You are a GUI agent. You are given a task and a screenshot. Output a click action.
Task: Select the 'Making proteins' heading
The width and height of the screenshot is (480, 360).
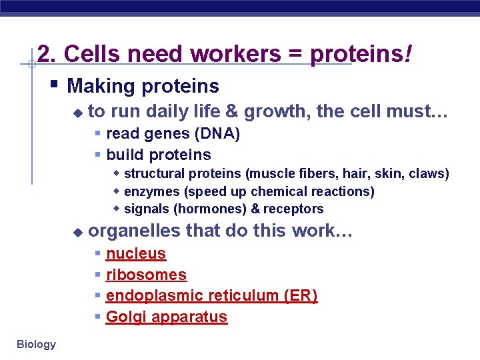[143, 86]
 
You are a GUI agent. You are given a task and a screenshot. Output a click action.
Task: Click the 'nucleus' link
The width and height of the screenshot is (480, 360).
[136, 253]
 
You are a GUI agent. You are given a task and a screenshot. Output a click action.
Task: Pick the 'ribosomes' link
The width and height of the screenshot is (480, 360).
[146, 275]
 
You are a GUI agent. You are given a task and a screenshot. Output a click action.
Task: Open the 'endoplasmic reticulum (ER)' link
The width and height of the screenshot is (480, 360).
[211, 295]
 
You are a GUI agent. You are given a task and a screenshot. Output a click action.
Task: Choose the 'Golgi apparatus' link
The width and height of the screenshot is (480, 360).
[167, 317]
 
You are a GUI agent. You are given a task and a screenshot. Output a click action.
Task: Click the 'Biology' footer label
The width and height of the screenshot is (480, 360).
[37, 344]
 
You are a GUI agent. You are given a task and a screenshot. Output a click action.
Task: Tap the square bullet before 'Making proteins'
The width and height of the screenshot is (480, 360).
[54, 85]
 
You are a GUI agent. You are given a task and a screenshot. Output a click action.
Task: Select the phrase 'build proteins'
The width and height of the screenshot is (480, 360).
[159, 155]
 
